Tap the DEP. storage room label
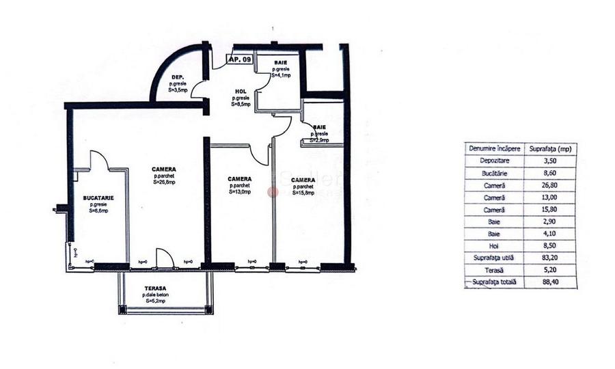pyautogui.click(x=176, y=77)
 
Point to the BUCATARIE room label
pyautogui.click(x=98, y=197)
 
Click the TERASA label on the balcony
pyautogui.click(x=157, y=288)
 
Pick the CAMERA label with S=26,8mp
pyautogui.click(x=165, y=169)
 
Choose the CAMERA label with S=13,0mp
pyautogui.click(x=239, y=180)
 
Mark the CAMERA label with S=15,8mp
pyautogui.click(x=302, y=180)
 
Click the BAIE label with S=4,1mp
pyautogui.click(x=280, y=62)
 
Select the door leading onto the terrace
pyautogui.click(x=165, y=258)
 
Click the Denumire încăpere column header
pyautogui.click(x=494, y=148)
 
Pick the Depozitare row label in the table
pyautogui.click(x=494, y=161)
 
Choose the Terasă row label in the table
pyautogui.click(x=494, y=270)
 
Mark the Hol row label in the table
pyautogui.click(x=494, y=245)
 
